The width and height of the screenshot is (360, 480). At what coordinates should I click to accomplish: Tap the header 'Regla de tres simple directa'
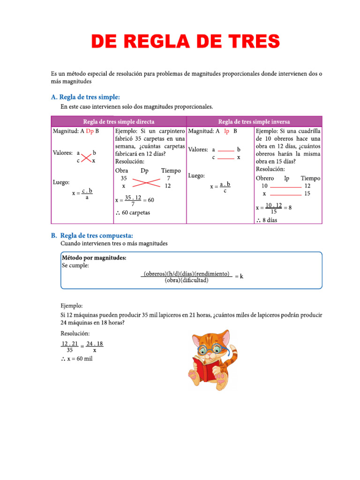tap(119, 121)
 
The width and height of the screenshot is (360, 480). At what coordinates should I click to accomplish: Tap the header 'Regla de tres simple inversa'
tap(254, 121)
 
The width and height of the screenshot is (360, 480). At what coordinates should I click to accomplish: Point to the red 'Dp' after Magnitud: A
tap(90, 131)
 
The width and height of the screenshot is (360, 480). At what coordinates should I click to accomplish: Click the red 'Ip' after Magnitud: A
tap(227, 131)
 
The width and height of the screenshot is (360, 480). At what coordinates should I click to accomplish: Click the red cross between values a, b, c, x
tap(86, 157)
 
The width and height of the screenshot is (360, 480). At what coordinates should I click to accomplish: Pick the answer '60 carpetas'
tap(136, 213)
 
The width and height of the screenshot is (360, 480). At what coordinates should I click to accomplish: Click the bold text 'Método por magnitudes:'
tap(94, 258)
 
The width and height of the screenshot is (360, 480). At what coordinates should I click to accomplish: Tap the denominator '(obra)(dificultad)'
tap(187, 281)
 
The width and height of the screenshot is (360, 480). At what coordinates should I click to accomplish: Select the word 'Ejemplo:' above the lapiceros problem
tap(72, 305)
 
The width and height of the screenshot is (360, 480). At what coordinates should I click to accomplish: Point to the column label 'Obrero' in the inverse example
tap(265, 178)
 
